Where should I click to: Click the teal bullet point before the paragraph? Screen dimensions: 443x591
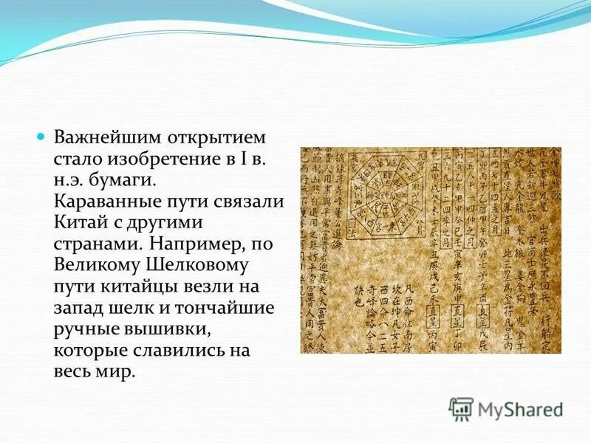coord(41,138)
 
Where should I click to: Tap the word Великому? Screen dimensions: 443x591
coord(93,264)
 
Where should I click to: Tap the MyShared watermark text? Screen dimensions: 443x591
coord(519,408)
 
